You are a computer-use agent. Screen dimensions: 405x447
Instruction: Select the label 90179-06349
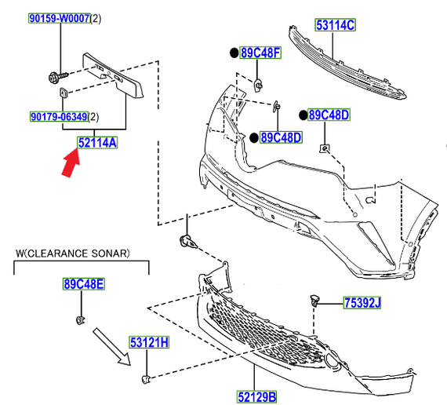58,117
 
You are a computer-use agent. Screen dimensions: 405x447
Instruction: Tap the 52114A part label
97,142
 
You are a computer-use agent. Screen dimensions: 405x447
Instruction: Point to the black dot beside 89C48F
233,53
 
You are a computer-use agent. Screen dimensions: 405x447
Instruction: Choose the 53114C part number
336,25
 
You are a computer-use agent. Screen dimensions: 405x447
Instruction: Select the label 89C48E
83,283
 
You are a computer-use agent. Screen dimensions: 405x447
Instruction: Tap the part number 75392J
361,302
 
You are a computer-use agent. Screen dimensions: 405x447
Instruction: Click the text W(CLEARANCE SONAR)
73,254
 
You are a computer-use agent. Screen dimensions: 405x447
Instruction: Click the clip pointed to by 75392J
315,300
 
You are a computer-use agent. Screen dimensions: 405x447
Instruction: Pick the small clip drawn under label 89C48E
81,319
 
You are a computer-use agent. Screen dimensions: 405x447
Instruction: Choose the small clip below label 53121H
144,380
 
